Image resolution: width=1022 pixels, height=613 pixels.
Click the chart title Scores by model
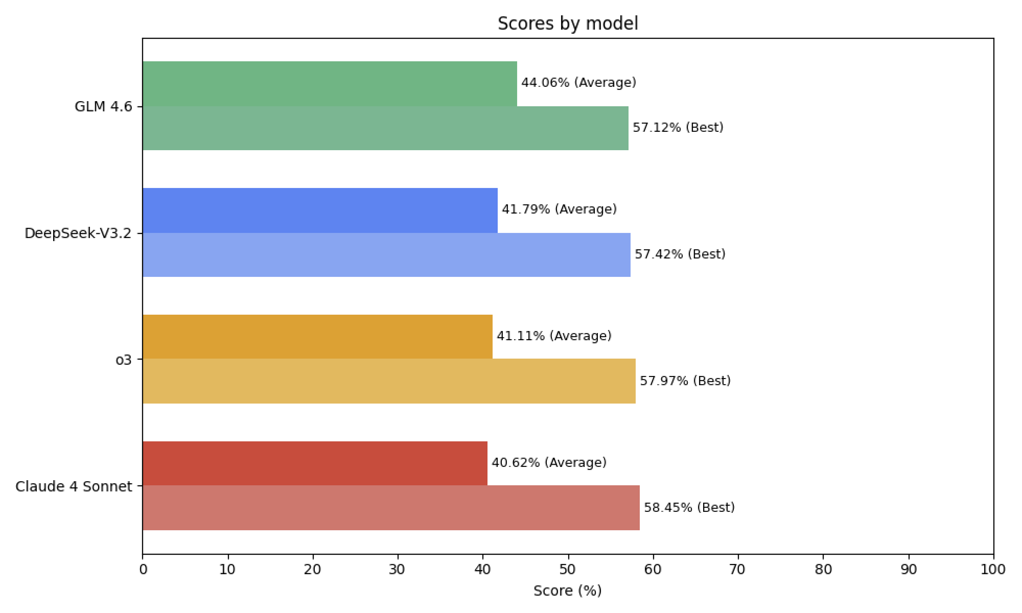(568, 23)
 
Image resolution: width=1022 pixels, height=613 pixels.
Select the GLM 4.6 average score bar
(330, 84)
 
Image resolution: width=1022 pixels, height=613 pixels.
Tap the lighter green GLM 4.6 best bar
(385, 128)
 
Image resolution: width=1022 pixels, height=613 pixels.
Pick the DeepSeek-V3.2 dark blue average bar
(320, 210)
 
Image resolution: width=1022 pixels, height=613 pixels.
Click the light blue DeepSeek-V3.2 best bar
(386, 255)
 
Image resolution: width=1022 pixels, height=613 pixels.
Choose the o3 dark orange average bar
(317, 337)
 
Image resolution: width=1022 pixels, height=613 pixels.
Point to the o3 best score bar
(389, 381)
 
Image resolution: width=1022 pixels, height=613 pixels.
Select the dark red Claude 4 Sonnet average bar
(315, 463)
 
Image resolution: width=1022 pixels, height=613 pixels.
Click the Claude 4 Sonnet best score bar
(391, 508)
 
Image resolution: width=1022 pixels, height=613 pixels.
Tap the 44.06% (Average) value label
(578, 83)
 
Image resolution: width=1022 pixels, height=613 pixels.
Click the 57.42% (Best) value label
(680, 254)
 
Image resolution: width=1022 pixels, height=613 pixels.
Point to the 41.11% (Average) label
(554, 336)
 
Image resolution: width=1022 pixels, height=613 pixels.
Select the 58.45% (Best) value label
(689, 508)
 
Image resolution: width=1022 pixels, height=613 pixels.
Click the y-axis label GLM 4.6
(103, 107)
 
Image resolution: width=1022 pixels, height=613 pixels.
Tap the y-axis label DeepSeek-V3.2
(78, 233)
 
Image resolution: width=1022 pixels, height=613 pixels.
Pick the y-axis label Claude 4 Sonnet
(74, 487)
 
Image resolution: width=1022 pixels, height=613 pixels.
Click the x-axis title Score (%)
(568, 591)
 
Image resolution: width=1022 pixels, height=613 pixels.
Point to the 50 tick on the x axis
(568, 570)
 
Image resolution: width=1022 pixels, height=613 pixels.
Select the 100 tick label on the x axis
(993, 570)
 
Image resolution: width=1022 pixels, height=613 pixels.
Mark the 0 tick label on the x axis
(143, 570)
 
